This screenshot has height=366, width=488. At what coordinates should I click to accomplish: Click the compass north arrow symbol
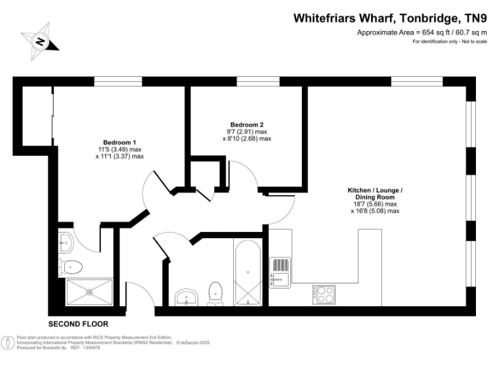(39, 41)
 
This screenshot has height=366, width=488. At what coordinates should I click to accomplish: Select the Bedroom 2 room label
(247, 125)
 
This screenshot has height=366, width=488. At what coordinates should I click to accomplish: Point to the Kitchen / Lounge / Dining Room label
(375, 194)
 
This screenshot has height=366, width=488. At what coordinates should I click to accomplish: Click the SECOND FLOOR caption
(78, 323)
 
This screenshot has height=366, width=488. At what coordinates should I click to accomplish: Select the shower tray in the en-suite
(90, 292)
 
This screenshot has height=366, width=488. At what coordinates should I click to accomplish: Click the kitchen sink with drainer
(280, 271)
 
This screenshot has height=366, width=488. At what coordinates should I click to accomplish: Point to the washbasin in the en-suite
(65, 240)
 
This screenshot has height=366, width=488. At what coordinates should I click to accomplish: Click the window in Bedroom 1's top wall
(114, 81)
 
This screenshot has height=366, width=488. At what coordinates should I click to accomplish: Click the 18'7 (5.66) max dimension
(375, 205)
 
